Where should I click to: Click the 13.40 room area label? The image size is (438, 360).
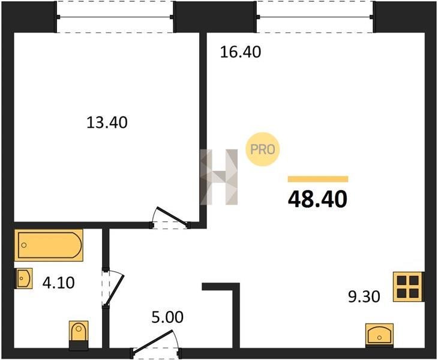107,122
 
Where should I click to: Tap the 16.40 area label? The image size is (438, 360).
241,52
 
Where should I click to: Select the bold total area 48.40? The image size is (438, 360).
317,199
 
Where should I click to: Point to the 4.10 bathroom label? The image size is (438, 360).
58,283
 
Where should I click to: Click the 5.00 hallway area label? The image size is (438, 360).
167,317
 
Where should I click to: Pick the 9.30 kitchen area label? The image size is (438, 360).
364,296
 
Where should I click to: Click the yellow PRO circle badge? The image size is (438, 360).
263,149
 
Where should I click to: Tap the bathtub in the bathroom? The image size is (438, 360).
49,245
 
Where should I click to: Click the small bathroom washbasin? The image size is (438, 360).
24,278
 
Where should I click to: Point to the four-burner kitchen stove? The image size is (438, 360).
407,287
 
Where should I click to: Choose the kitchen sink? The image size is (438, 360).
379,335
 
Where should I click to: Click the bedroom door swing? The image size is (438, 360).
170,218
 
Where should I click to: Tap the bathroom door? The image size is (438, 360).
113,287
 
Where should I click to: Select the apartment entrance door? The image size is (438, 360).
156,343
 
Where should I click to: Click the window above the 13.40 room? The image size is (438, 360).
115,17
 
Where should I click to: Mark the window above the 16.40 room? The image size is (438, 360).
315,17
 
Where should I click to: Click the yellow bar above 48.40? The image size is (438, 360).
318,179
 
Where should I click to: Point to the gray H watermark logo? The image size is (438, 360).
219,177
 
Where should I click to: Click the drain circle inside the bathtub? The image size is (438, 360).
24,245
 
